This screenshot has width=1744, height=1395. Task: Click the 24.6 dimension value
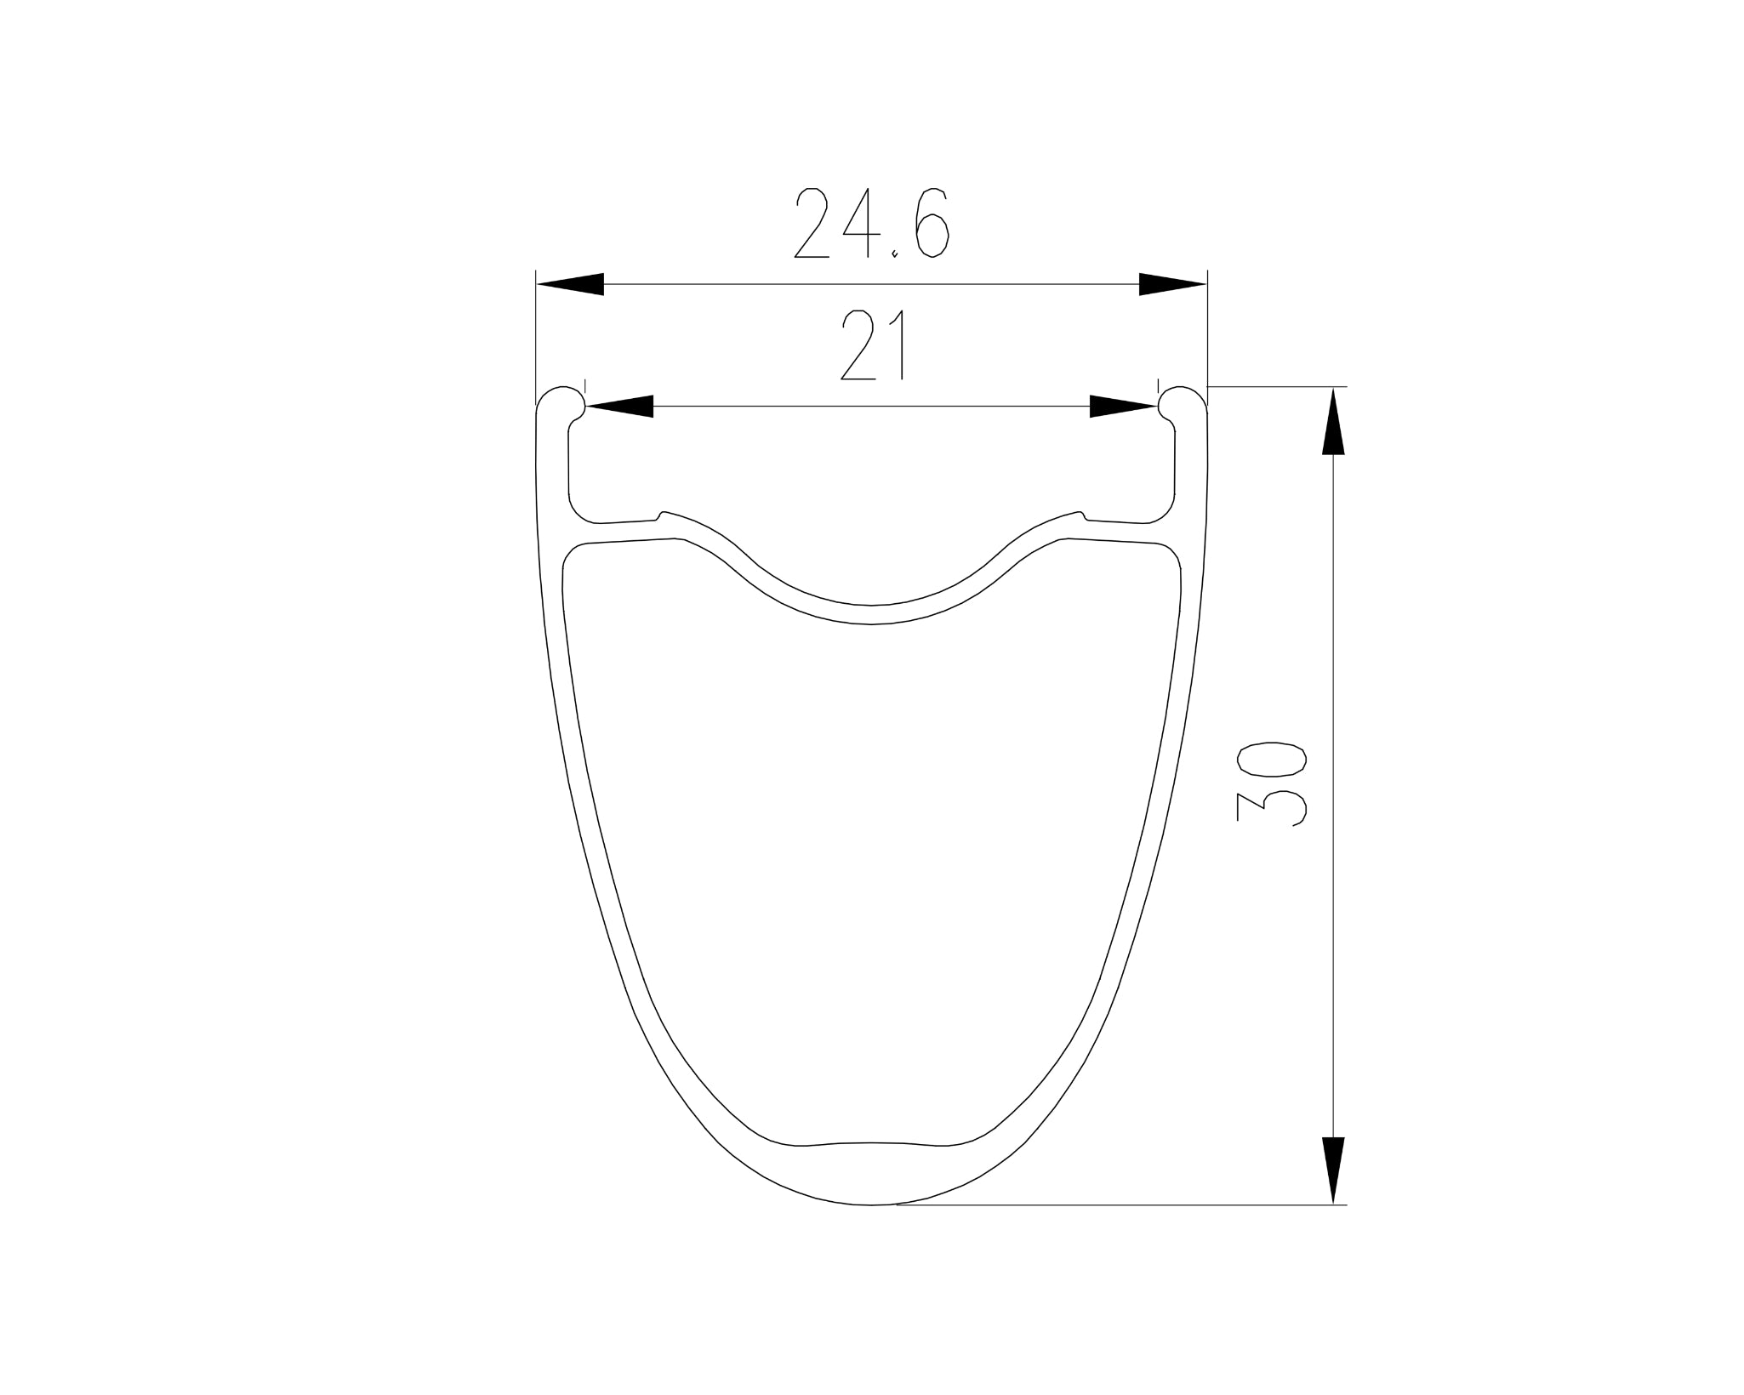point(871,223)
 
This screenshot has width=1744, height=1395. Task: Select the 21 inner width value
point(871,344)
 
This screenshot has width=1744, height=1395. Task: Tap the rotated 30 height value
point(1272,783)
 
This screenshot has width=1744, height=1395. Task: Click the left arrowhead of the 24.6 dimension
point(570,284)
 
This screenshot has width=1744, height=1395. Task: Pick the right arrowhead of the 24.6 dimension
point(1173,284)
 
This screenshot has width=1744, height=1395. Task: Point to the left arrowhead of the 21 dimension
point(619,407)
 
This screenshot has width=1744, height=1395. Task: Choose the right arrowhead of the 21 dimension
point(1124,407)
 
